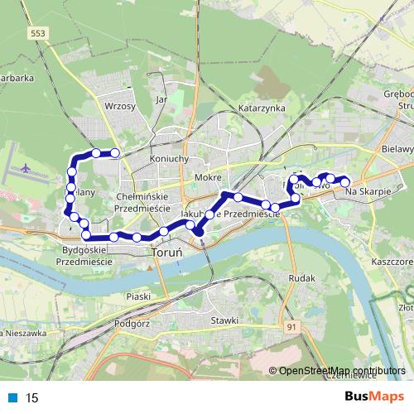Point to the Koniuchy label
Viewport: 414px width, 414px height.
[x=171, y=158]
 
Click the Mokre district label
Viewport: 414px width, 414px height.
[x=206, y=177]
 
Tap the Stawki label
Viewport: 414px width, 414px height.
[x=224, y=320]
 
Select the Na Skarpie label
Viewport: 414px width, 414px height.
[x=367, y=192]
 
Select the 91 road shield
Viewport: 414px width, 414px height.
[x=291, y=328]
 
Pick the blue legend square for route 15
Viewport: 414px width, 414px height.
[x=13, y=397]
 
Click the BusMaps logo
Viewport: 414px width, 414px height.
[x=368, y=397]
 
